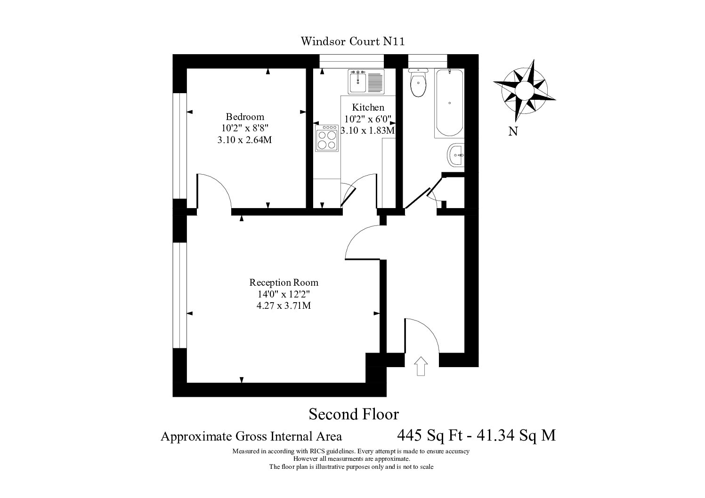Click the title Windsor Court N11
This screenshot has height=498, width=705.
(352, 41)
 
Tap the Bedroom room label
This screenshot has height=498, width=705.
(245, 117)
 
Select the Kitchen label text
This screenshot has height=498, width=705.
(368, 107)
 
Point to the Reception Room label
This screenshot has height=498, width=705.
(284, 282)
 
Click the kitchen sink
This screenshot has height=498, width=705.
(366, 82)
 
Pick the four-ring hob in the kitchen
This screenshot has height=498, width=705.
(327, 138)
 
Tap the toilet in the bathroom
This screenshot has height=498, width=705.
(418, 83)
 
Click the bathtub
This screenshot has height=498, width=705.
(449, 103)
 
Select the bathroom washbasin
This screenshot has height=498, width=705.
(455, 155)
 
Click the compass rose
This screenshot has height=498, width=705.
(524, 90)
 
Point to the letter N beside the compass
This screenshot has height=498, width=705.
(513, 131)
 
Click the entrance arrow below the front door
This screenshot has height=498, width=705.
(421, 366)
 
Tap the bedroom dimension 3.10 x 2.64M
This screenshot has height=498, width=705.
(244, 140)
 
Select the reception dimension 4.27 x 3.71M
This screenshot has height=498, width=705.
(284, 305)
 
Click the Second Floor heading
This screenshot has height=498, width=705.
(354, 414)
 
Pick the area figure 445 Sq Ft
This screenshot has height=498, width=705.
(430, 435)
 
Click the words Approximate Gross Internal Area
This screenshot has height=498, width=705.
(251, 437)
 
